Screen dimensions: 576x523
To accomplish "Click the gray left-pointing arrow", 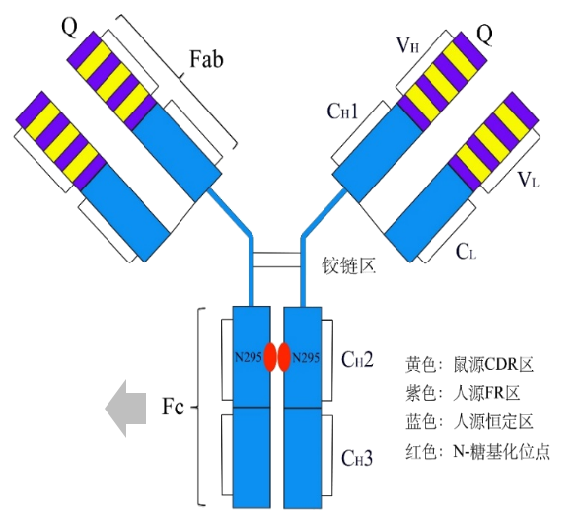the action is (125, 409).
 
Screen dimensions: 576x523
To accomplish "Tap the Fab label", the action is (206, 59).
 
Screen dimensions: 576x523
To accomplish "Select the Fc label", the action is (173, 407).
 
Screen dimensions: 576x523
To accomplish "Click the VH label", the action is (408, 46).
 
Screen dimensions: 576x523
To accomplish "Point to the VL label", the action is (529, 180).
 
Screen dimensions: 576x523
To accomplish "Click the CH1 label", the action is (342, 111).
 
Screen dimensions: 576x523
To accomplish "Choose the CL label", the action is (466, 252).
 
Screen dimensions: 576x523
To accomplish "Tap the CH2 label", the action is (357, 359).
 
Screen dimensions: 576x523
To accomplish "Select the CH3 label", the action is (357, 458).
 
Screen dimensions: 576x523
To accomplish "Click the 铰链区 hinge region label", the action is (349, 265).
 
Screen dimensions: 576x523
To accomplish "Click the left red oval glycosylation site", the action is (270, 357).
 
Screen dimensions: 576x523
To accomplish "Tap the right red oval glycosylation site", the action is (284, 357).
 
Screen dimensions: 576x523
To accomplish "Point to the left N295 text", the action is (249, 357).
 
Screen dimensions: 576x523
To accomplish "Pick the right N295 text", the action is (306, 357).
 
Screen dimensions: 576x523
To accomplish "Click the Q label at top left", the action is (70, 27).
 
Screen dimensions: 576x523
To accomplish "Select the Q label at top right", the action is (485, 35).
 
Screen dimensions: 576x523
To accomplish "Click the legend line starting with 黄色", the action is (469, 364).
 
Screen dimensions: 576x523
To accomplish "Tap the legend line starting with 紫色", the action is (463, 393).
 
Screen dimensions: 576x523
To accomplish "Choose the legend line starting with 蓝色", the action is (469, 421).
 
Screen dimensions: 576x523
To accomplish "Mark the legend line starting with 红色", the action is (478, 451).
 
